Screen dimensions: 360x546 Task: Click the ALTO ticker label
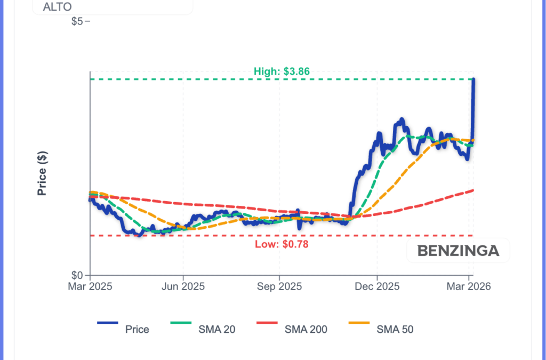(x=57, y=7)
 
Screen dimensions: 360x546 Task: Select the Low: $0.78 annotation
(x=282, y=244)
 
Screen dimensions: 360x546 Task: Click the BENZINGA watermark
(x=458, y=251)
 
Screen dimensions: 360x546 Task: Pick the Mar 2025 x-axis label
(x=90, y=286)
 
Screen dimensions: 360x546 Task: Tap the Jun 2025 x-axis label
(x=183, y=286)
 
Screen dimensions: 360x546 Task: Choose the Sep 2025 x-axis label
(x=279, y=286)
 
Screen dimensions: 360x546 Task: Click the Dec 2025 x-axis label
(x=376, y=286)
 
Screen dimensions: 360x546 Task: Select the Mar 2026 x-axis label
(x=469, y=286)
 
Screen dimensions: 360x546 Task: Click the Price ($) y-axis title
(x=42, y=173)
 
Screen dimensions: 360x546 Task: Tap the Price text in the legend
(x=137, y=330)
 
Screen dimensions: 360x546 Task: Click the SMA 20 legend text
(x=216, y=330)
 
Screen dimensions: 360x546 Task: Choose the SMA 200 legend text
(x=306, y=330)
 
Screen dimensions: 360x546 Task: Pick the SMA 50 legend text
(x=395, y=330)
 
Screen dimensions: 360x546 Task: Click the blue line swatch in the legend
(x=108, y=323)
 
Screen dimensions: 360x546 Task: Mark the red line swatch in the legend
(x=267, y=323)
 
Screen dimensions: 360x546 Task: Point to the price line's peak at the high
(x=473, y=79)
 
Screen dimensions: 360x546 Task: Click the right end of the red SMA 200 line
(x=473, y=190)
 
